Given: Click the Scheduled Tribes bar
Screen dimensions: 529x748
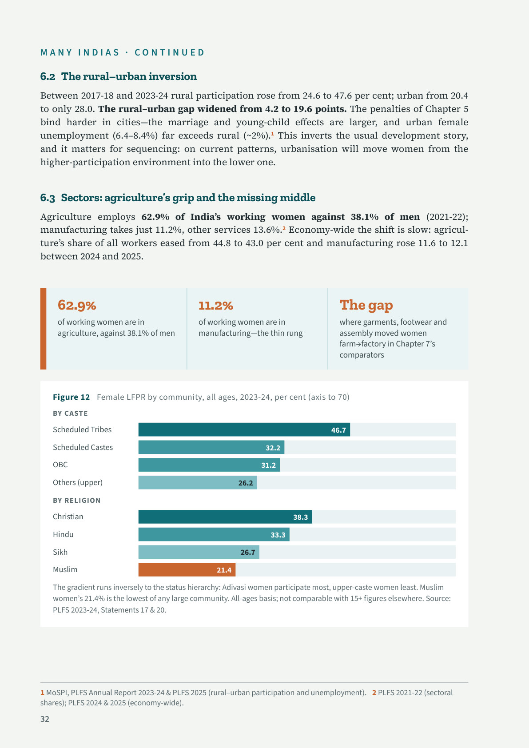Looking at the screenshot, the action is pos(244,430).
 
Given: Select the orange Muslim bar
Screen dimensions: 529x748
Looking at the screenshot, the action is pos(187,570).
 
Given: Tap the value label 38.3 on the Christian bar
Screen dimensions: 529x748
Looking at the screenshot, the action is pos(301,517).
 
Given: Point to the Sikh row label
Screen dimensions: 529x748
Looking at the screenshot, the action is pos(60,552).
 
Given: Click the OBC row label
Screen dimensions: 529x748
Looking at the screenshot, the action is pos(60,465).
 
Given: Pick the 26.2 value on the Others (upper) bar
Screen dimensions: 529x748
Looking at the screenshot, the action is pos(246,483).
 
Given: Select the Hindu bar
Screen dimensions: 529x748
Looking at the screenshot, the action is pos(214,535).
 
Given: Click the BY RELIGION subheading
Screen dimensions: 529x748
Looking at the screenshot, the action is pos(76,500).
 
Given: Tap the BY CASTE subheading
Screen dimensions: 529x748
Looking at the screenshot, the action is pos(70,414).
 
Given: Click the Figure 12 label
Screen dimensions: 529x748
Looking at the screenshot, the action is pos(71,397).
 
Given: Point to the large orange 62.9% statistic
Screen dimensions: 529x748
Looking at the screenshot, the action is pos(77,305).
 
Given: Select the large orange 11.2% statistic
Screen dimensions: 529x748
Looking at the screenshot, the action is pos(216,306).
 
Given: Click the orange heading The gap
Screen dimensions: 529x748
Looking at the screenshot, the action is pos(366,305).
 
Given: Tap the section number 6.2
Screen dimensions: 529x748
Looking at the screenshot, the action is pos(48,76).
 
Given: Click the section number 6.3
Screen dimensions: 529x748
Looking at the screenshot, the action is pos(48,198).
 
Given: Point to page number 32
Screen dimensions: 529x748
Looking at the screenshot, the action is pos(45,719).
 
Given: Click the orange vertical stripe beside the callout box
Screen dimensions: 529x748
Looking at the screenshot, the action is pos(43,329).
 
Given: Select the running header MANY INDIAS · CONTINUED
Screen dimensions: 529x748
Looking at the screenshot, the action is pos(122,52).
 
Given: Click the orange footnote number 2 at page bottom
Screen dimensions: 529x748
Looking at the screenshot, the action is pos(374,692).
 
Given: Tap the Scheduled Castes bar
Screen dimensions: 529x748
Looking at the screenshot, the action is pos(211,447).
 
